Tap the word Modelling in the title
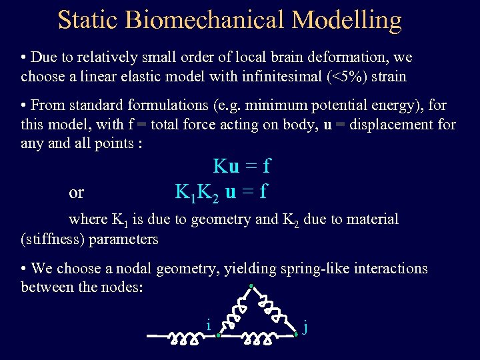346,20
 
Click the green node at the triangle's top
251,287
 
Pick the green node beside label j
295,335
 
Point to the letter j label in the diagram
305,327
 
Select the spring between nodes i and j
257,339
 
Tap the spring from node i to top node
235,311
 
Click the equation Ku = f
241,166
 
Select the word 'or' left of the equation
77,193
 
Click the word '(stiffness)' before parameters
55,239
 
